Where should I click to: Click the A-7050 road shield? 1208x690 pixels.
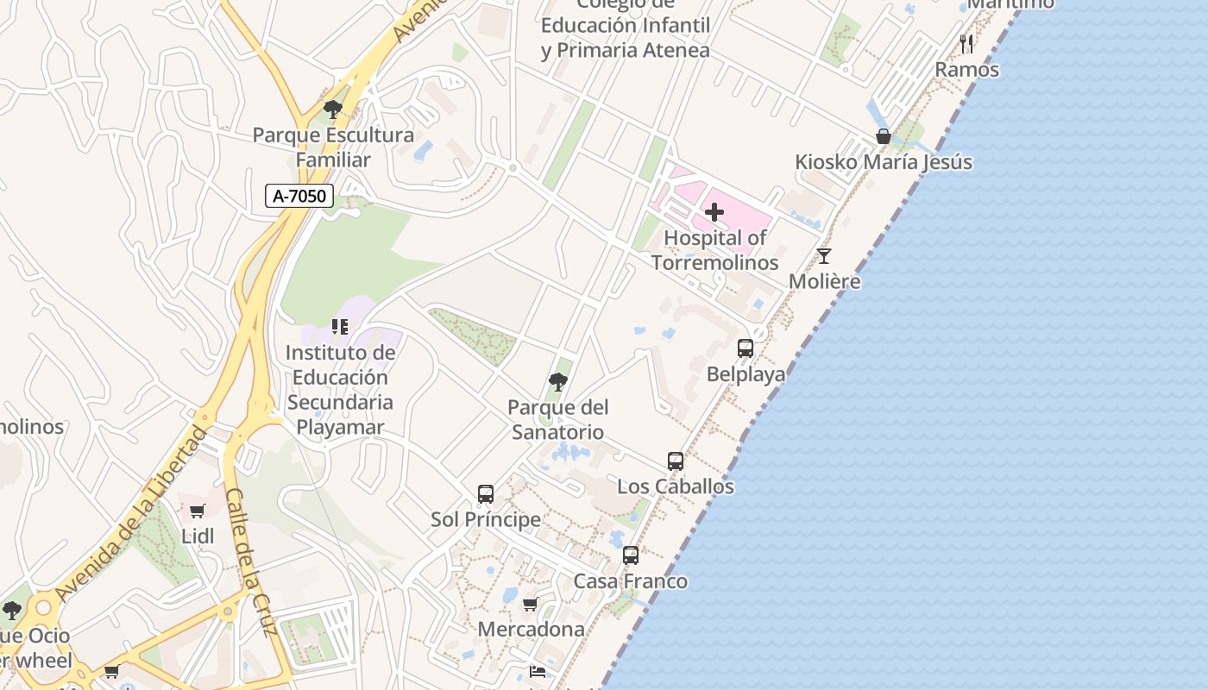point(299,196)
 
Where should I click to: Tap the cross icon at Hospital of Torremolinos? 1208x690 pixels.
point(714,212)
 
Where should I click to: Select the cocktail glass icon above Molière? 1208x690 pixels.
point(824,256)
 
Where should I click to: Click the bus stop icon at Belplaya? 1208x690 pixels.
point(746,348)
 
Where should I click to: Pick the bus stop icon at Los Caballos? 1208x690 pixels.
point(676,461)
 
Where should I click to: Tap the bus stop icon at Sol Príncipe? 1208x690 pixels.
point(486,494)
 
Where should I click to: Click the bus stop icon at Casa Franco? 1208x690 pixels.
point(631,555)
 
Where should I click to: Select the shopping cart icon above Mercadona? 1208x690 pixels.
point(531,604)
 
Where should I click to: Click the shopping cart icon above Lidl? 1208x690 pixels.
point(198,511)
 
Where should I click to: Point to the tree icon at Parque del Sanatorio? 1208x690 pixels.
point(558,381)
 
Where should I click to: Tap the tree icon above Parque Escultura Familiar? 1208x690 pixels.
point(332,110)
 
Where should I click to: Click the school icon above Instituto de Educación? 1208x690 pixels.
point(340,327)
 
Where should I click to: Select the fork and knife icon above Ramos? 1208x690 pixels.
point(966,44)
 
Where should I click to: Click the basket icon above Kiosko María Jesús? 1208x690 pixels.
point(883,136)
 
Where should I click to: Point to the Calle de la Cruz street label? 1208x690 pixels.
point(250,561)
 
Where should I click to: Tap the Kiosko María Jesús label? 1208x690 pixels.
point(883,162)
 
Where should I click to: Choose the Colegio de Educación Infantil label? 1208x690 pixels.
point(626,26)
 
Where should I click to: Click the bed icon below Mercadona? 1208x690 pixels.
point(537,671)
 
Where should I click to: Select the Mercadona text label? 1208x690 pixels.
point(531,629)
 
